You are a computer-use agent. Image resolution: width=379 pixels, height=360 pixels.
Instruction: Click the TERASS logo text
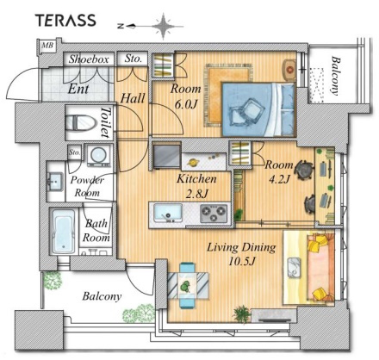(65, 21)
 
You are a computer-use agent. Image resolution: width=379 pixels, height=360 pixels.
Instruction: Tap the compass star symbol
(163, 26)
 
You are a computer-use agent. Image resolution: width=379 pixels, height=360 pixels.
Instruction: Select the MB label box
(47, 46)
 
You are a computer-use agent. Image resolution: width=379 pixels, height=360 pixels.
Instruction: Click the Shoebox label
(89, 59)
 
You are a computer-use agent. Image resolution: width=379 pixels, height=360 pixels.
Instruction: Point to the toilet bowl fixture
(80, 122)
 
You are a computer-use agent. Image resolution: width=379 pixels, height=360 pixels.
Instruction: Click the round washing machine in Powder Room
(98, 155)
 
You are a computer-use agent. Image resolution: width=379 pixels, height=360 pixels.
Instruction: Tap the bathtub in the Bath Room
(64, 232)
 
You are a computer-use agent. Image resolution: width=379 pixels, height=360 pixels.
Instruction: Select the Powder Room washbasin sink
(54, 182)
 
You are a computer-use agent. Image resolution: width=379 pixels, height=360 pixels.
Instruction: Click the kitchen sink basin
(168, 213)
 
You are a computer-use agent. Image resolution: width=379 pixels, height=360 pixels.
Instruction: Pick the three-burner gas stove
(213, 214)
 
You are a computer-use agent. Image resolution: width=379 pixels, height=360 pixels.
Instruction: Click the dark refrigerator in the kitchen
(166, 157)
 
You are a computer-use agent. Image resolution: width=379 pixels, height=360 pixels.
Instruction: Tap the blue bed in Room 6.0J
(258, 109)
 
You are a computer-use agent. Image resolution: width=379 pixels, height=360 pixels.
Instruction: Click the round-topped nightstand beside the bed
(289, 70)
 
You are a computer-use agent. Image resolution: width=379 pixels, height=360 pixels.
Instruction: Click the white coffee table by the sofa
(294, 268)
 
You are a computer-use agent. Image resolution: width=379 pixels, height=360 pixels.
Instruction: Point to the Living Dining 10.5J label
(242, 254)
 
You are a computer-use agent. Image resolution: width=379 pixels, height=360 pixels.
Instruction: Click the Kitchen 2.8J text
(196, 186)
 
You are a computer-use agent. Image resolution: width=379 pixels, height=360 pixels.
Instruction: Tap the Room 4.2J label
(279, 171)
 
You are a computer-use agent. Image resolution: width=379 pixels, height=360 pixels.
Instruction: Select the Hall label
(133, 98)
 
